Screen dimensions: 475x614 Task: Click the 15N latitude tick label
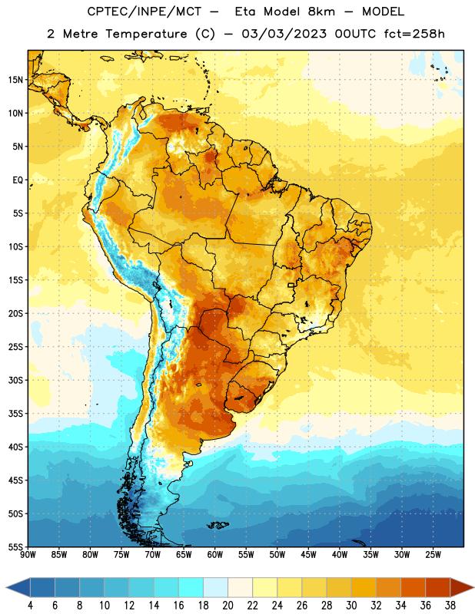coord(15,80)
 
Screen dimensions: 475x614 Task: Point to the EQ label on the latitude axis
coord(18,180)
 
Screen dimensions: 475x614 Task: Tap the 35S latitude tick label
coord(15,414)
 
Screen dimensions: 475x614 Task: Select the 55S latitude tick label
coord(15,547)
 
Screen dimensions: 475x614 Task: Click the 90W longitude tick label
coord(28,555)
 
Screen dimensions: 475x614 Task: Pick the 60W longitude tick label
coord(215,555)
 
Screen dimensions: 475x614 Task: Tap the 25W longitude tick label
coord(433,555)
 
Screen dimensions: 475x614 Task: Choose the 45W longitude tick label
coord(308,555)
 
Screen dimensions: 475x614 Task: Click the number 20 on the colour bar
coord(228,606)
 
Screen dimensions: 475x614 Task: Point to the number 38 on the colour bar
coord(450,606)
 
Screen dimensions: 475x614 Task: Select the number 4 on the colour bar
coord(30,606)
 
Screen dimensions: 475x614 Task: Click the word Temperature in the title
coord(146,34)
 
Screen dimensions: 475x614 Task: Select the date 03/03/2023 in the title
coord(284,34)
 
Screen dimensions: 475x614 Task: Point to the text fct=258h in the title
coord(414,34)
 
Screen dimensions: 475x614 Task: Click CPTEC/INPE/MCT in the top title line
coord(144,12)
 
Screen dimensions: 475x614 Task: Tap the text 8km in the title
coord(321,12)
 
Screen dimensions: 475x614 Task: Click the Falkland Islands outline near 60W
coord(218,525)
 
